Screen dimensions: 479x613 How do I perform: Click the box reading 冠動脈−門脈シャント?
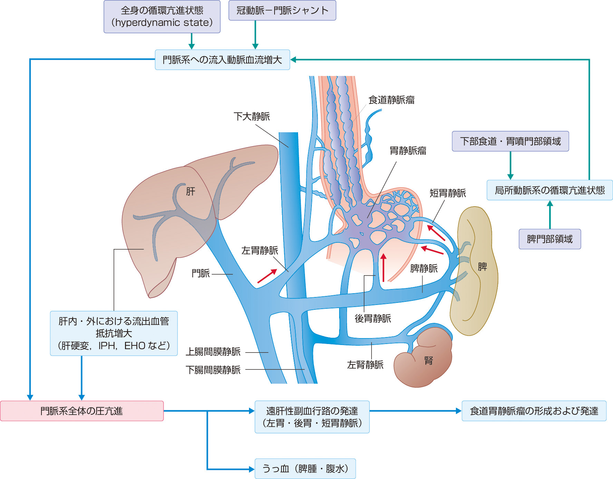[x=282, y=11]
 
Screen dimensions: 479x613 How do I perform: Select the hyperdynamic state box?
[x=162, y=17]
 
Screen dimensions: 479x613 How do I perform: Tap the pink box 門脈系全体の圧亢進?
[x=82, y=411]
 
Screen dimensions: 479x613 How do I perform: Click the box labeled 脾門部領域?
[x=550, y=239]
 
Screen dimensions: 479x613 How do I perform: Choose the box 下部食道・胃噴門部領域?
[x=510, y=141]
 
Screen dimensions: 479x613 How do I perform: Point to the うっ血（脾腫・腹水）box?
[x=305, y=469]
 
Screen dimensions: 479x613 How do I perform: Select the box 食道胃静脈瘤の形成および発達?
[x=534, y=411]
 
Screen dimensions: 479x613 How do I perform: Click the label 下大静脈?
[x=252, y=116]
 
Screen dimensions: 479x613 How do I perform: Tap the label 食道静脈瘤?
[x=391, y=100]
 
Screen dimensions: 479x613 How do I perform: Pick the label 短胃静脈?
[x=448, y=193]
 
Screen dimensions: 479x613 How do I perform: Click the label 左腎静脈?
[x=365, y=365]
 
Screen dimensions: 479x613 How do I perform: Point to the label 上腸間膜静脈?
[x=213, y=352]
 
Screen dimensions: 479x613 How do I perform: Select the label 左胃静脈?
[x=260, y=250]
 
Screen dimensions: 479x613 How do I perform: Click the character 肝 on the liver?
[x=191, y=191]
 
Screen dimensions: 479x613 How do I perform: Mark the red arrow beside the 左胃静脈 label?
[x=267, y=276]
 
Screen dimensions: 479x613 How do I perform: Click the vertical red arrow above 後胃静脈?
[x=383, y=268]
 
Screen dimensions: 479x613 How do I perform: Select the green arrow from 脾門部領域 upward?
[x=550, y=214]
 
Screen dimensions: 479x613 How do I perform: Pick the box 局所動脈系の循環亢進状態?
[x=549, y=190]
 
